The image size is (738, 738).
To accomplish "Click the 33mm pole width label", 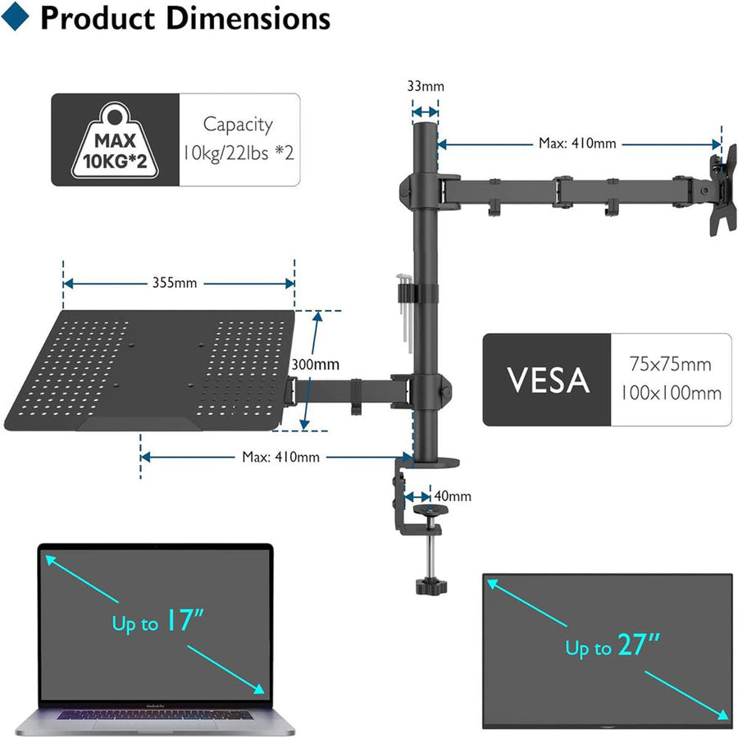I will (x=425, y=84).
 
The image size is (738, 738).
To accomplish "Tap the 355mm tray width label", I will (x=174, y=283).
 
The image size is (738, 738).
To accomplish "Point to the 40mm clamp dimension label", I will (x=453, y=496).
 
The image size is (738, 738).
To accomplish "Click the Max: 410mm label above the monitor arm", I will (x=576, y=143).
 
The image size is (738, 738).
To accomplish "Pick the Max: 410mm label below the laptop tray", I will (x=280, y=457).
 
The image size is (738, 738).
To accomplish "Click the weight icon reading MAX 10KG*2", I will (x=116, y=140).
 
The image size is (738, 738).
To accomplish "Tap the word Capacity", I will (x=238, y=125).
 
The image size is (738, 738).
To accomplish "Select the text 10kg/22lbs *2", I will (x=238, y=153).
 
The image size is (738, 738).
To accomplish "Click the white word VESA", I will (x=547, y=380).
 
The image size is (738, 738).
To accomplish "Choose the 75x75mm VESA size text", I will (x=670, y=364).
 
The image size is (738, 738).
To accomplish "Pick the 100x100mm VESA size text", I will (x=670, y=393).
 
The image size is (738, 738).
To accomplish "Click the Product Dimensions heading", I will (x=184, y=18).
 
